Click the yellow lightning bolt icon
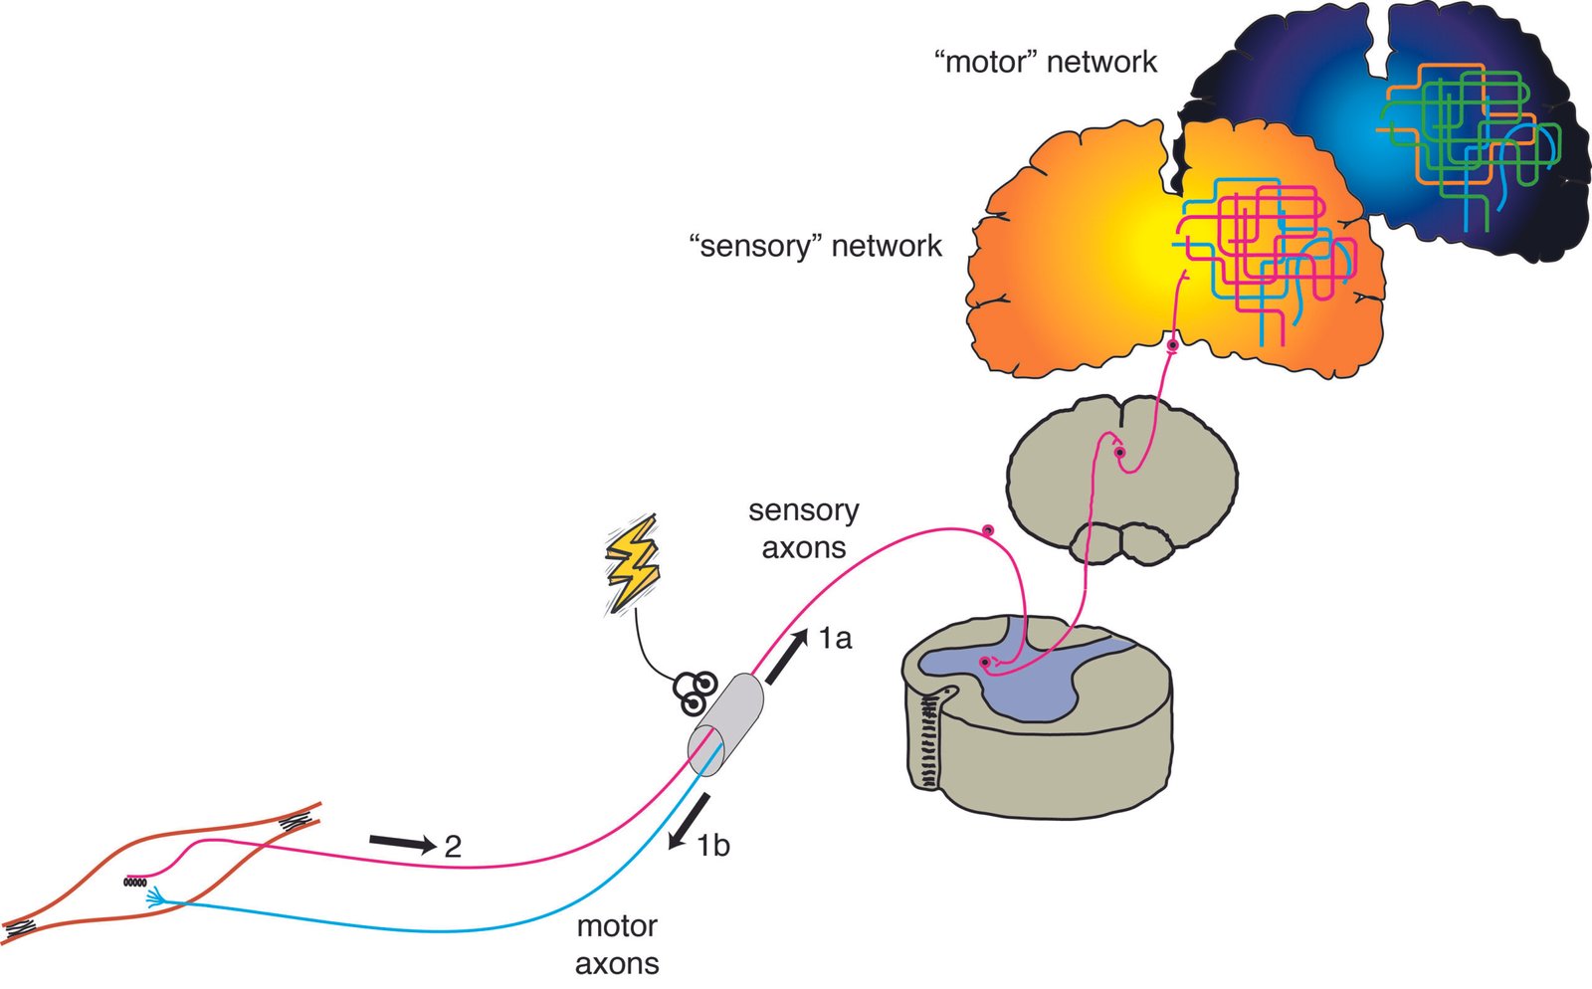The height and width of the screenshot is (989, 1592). point(632,563)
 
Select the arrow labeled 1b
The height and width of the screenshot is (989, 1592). point(691,821)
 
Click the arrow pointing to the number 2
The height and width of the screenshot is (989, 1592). point(402,844)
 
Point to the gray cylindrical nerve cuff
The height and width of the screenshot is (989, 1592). point(727,723)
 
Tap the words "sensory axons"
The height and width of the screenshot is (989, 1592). point(803,528)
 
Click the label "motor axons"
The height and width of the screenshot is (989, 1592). point(617,944)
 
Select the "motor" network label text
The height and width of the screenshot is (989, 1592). point(1045,62)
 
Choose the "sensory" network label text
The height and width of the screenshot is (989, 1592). point(815,245)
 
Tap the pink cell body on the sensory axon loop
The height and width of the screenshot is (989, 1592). point(988,530)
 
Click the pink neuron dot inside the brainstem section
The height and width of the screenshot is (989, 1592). point(1119,453)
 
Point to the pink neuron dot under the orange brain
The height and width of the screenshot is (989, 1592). point(1173,346)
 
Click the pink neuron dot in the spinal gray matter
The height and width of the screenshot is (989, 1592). point(985,663)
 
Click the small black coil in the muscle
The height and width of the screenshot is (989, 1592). point(136,882)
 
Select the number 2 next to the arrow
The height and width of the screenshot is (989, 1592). point(453,847)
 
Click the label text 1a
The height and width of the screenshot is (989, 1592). point(835,639)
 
